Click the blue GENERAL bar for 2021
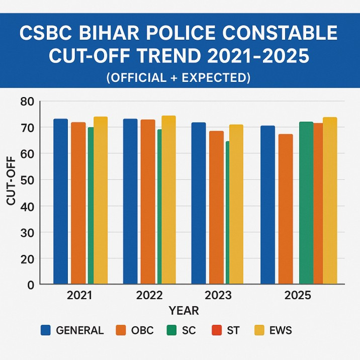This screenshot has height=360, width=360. (60, 201)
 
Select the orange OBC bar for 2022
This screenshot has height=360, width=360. (148, 201)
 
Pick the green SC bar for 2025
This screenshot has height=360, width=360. (306, 201)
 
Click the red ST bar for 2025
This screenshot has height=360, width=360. (318, 201)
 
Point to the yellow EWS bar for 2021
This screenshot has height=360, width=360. (101, 201)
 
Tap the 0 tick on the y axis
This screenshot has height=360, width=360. (30, 285)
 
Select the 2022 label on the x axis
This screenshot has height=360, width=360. (149, 295)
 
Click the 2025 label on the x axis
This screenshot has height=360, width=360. (298, 295)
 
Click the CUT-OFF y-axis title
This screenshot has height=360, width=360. (11, 181)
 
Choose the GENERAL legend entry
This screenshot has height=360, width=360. (72, 330)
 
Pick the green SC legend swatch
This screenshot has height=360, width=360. (171, 330)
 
